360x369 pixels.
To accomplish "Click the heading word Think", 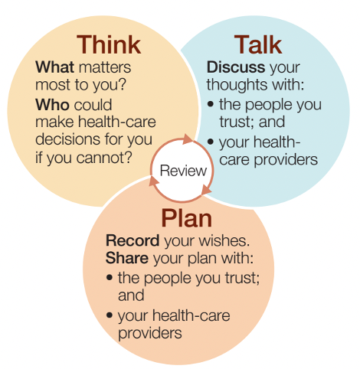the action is click(x=109, y=44).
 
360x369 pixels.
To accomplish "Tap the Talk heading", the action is click(x=258, y=44).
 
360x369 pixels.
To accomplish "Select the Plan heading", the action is click(x=187, y=219).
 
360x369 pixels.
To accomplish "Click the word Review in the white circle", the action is click(x=183, y=170).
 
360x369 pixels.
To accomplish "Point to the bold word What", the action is click(x=54, y=67).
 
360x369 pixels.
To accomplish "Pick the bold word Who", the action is click(x=52, y=105).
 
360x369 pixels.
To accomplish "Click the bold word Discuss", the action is click(x=236, y=67).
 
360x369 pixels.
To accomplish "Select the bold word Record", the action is click(x=133, y=240).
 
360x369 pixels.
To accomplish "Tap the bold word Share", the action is click(x=127, y=258).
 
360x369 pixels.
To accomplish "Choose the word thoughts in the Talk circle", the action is click(x=237, y=85).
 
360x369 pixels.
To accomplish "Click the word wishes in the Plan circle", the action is click(x=223, y=240).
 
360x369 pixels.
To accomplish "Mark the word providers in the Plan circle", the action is click(x=150, y=333).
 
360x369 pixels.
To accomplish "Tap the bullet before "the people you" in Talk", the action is click(x=211, y=104).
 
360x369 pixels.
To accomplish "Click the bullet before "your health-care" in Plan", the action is click(x=110, y=315).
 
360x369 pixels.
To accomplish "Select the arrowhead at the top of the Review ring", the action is click(x=188, y=139).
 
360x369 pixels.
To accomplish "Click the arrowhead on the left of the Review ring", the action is click(x=154, y=181).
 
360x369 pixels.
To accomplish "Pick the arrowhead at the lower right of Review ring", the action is click(x=206, y=191).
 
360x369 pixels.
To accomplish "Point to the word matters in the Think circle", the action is click(x=105, y=67).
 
